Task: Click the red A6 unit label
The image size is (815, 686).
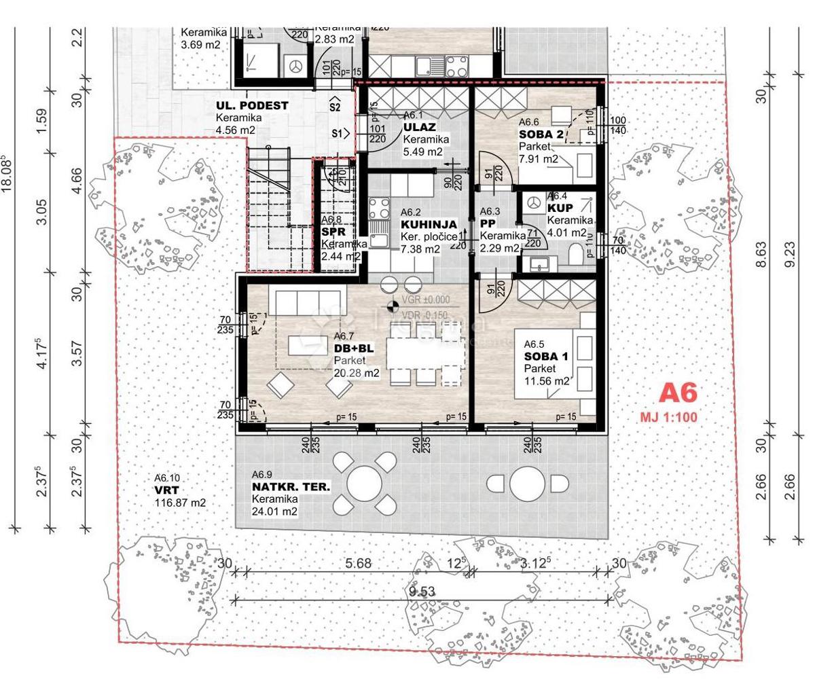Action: point(678,394)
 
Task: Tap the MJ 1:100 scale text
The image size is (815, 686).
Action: point(668,417)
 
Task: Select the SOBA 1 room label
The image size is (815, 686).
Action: point(546,357)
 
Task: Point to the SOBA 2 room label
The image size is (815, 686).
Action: point(541,134)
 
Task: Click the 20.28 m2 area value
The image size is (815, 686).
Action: point(357,373)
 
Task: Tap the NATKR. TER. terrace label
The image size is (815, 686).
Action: point(291,487)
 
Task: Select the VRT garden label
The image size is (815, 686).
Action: point(166,490)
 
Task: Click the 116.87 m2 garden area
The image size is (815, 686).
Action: point(180,503)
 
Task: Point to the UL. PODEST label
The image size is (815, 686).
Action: point(252,106)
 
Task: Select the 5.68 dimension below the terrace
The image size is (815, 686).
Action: point(358,563)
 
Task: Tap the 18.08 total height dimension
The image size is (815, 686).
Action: point(8,175)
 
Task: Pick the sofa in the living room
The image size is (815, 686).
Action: point(306,298)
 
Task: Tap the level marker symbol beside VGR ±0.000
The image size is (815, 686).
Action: point(391,306)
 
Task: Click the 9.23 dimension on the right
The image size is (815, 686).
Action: point(789,253)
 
